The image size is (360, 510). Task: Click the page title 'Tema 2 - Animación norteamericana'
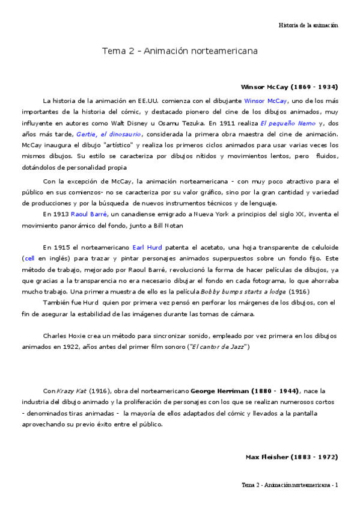(180, 51)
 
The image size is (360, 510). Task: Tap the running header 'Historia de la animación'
(308, 25)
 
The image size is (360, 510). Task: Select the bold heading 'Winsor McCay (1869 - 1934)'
(289, 87)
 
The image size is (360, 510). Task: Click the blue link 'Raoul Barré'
(90, 214)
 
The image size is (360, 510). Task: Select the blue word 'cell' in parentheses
(29, 258)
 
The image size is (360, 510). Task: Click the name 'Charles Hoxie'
(65, 336)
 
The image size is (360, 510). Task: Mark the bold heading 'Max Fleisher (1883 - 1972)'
(291, 457)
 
